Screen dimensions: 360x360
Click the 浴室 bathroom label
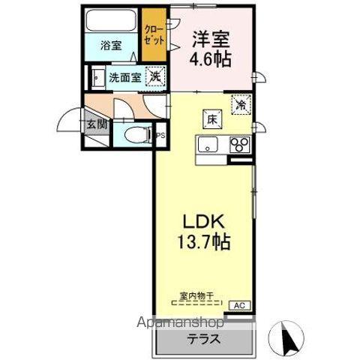tap(111, 45)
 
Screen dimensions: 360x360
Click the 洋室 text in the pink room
tap(210, 37)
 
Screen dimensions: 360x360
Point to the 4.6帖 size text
tap(210, 58)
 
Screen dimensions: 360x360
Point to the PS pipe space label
tap(160, 136)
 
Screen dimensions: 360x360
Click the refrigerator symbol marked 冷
tap(241, 104)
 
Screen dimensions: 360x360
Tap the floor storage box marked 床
tap(212, 117)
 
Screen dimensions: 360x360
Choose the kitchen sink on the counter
tap(207, 145)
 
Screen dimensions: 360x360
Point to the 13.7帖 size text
tap(203, 243)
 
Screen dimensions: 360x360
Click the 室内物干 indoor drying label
tap(196, 296)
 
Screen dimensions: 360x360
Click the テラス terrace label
tap(203, 338)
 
